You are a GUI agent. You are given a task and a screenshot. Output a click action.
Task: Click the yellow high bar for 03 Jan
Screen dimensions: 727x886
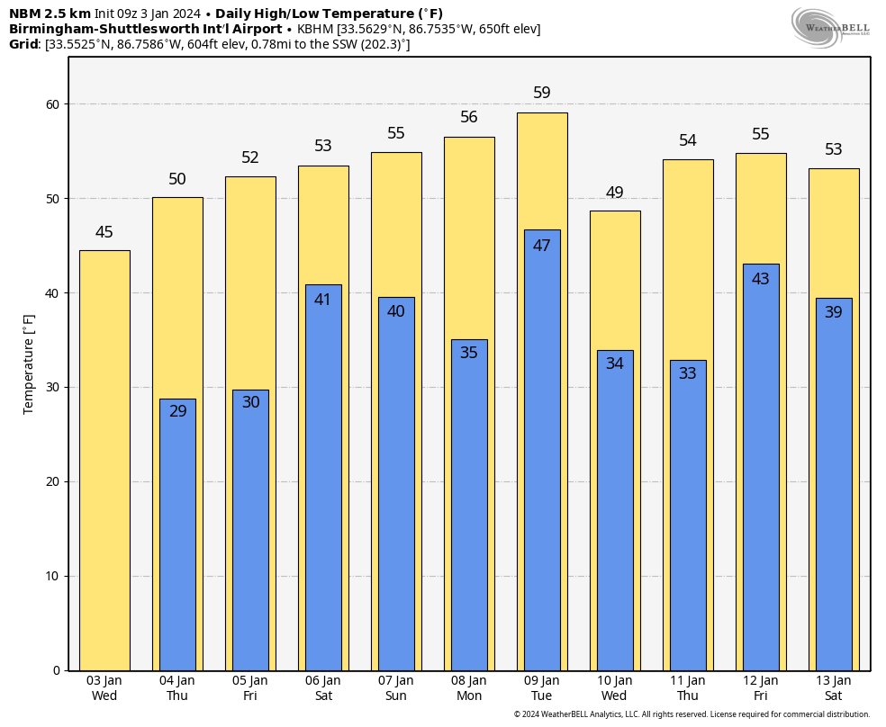point(104,460)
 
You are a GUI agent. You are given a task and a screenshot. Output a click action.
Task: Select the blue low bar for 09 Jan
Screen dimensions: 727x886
point(542,450)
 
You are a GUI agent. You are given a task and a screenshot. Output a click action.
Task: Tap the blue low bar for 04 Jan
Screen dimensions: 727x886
point(177,534)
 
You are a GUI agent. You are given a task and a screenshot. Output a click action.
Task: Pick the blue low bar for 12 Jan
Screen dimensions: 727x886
point(761,467)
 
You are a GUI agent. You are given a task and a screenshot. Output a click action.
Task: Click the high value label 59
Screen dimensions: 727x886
point(542,93)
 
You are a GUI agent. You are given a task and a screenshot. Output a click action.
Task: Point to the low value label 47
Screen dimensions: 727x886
point(542,246)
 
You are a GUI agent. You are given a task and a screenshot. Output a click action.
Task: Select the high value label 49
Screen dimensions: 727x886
point(615,193)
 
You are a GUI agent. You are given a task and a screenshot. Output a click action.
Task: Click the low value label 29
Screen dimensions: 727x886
point(177,411)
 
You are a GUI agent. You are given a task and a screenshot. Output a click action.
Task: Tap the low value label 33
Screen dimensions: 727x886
point(688,372)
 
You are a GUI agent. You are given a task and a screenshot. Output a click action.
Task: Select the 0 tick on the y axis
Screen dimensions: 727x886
point(56,670)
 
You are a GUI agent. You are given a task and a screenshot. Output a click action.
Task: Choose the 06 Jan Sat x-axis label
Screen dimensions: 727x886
point(323,688)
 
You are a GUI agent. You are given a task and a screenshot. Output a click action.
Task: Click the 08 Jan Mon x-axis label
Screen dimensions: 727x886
point(469,688)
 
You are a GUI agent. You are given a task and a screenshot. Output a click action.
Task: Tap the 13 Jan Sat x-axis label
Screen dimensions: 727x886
point(834,688)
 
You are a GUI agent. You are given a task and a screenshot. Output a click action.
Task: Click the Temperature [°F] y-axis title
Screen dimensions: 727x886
point(29,363)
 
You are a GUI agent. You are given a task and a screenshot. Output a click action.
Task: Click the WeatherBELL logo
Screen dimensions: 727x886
point(830,27)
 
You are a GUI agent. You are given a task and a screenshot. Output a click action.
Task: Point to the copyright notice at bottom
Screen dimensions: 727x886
point(692,714)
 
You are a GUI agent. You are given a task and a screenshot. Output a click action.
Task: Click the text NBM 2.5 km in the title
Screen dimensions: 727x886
point(50,13)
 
